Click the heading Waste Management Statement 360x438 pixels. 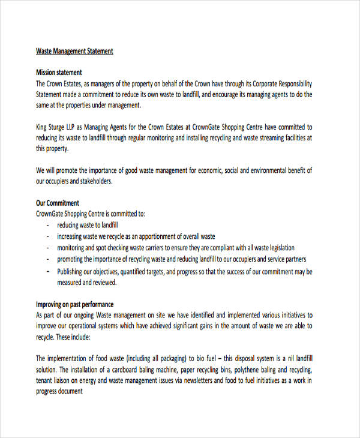(x=74, y=51)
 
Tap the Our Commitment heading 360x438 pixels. (x=58, y=203)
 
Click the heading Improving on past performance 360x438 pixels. (x=75, y=304)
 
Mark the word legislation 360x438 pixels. (x=279, y=248)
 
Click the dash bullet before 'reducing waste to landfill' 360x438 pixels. (x=47, y=225)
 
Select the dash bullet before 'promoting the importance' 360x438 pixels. (x=47, y=259)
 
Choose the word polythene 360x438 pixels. (x=249, y=370)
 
